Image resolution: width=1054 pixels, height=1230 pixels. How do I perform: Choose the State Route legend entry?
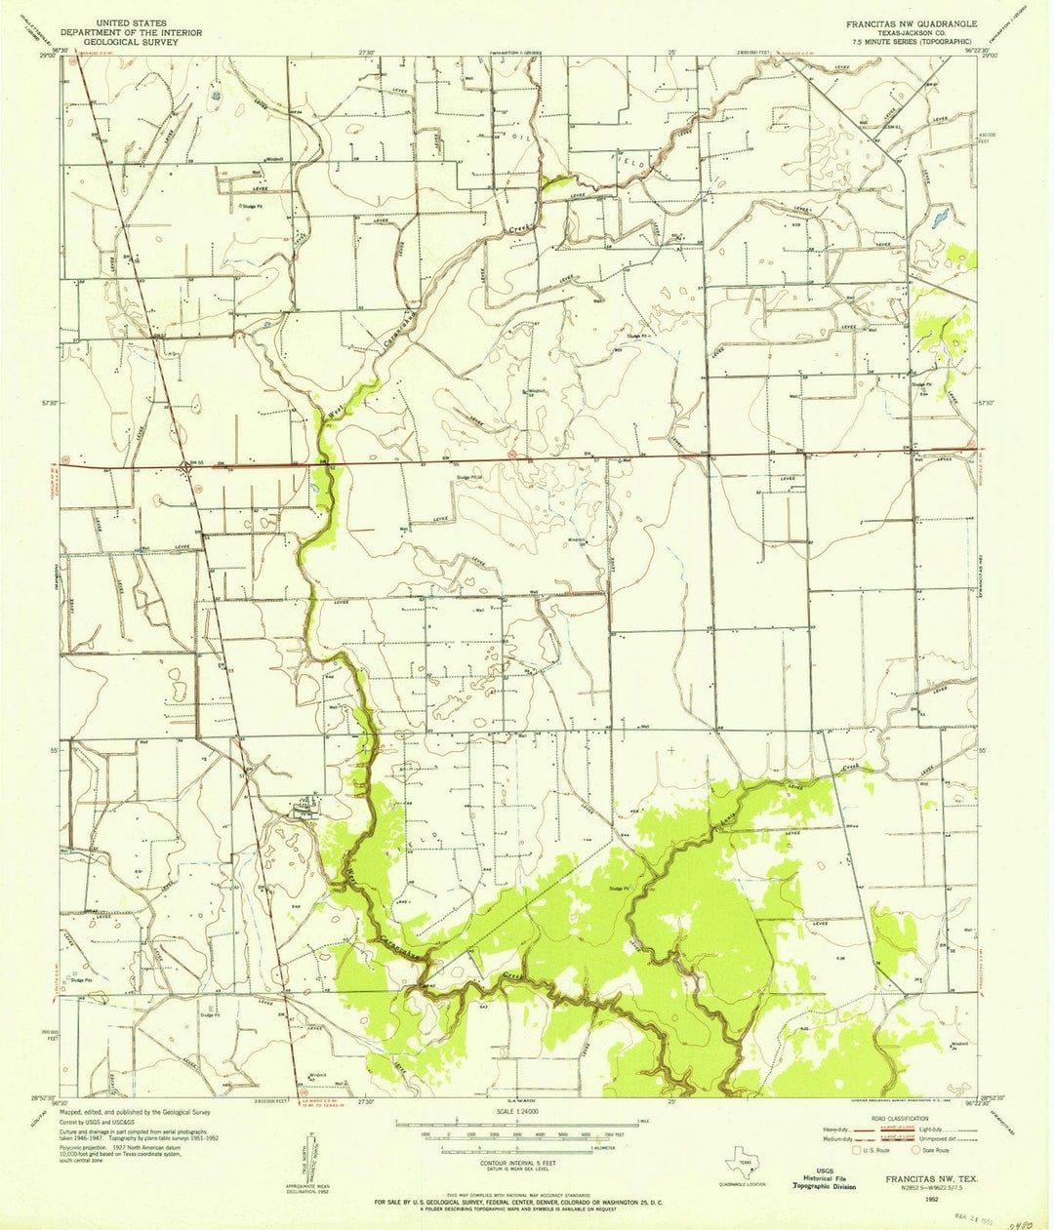pyautogui.click(x=930, y=1151)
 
